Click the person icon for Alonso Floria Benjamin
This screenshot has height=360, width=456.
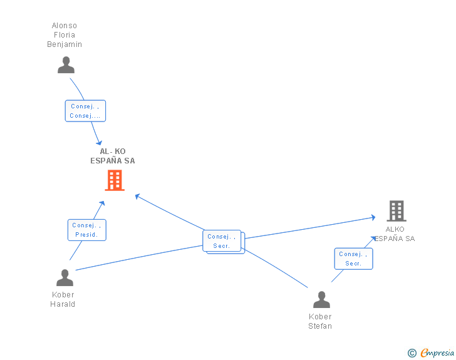click(66, 65)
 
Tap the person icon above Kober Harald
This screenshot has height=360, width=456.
click(65, 278)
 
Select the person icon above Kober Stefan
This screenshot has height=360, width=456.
click(321, 299)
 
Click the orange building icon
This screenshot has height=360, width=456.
click(115, 180)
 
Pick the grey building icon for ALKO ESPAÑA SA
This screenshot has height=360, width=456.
click(396, 211)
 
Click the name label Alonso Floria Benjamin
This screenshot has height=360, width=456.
click(65, 35)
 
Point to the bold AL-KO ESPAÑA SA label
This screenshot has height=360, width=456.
click(113, 156)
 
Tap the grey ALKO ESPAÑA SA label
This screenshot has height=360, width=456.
click(395, 234)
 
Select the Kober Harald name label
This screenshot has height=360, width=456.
click(63, 299)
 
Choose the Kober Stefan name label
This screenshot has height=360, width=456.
click(320, 321)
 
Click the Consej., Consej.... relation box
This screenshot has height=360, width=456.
click(85, 111)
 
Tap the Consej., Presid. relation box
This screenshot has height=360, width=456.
click(87, 230)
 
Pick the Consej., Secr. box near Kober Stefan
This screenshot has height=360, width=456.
click(354, 259)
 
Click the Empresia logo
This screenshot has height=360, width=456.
click(437, 352)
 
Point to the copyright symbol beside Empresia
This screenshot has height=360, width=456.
click(412, 353)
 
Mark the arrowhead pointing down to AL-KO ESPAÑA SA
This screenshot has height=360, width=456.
click(100, 143)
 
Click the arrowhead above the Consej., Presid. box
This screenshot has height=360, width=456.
click(102, 203)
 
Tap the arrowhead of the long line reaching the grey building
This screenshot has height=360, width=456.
click(373, 217)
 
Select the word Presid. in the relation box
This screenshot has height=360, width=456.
click(86, 235)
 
